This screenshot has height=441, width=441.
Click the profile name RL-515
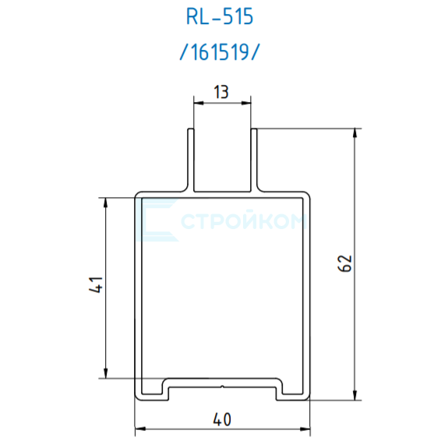click(220, 17)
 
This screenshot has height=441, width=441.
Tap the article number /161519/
click(219, 52)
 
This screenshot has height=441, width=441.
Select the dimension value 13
click(221, 92)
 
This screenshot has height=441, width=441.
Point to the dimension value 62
click(345, 263)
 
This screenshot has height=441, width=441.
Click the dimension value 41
click(96, 284)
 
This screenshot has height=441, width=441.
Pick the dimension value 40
click(222, 420)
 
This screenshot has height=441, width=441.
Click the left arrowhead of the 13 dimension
click(198, 103)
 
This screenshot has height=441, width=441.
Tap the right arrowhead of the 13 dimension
click(246, 103)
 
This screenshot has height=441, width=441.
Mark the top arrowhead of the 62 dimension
click(355, 133)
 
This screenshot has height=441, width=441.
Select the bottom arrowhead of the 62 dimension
click(355, 395)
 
